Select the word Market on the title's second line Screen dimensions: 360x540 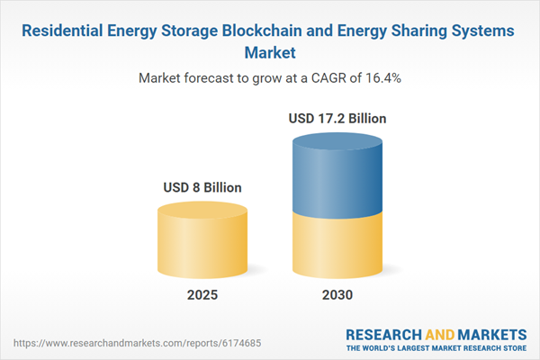point(270,52)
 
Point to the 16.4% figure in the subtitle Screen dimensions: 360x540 point(382,78)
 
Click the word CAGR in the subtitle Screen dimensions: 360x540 point(319,78)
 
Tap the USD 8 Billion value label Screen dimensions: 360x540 point(202,188)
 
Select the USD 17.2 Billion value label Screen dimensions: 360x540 point(337,118)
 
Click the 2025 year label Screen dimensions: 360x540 point(202,295)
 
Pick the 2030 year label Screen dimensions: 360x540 point(337,295)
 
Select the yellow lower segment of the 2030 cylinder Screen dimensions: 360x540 point(337,243)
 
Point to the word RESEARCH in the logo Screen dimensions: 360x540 point(382,332)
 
